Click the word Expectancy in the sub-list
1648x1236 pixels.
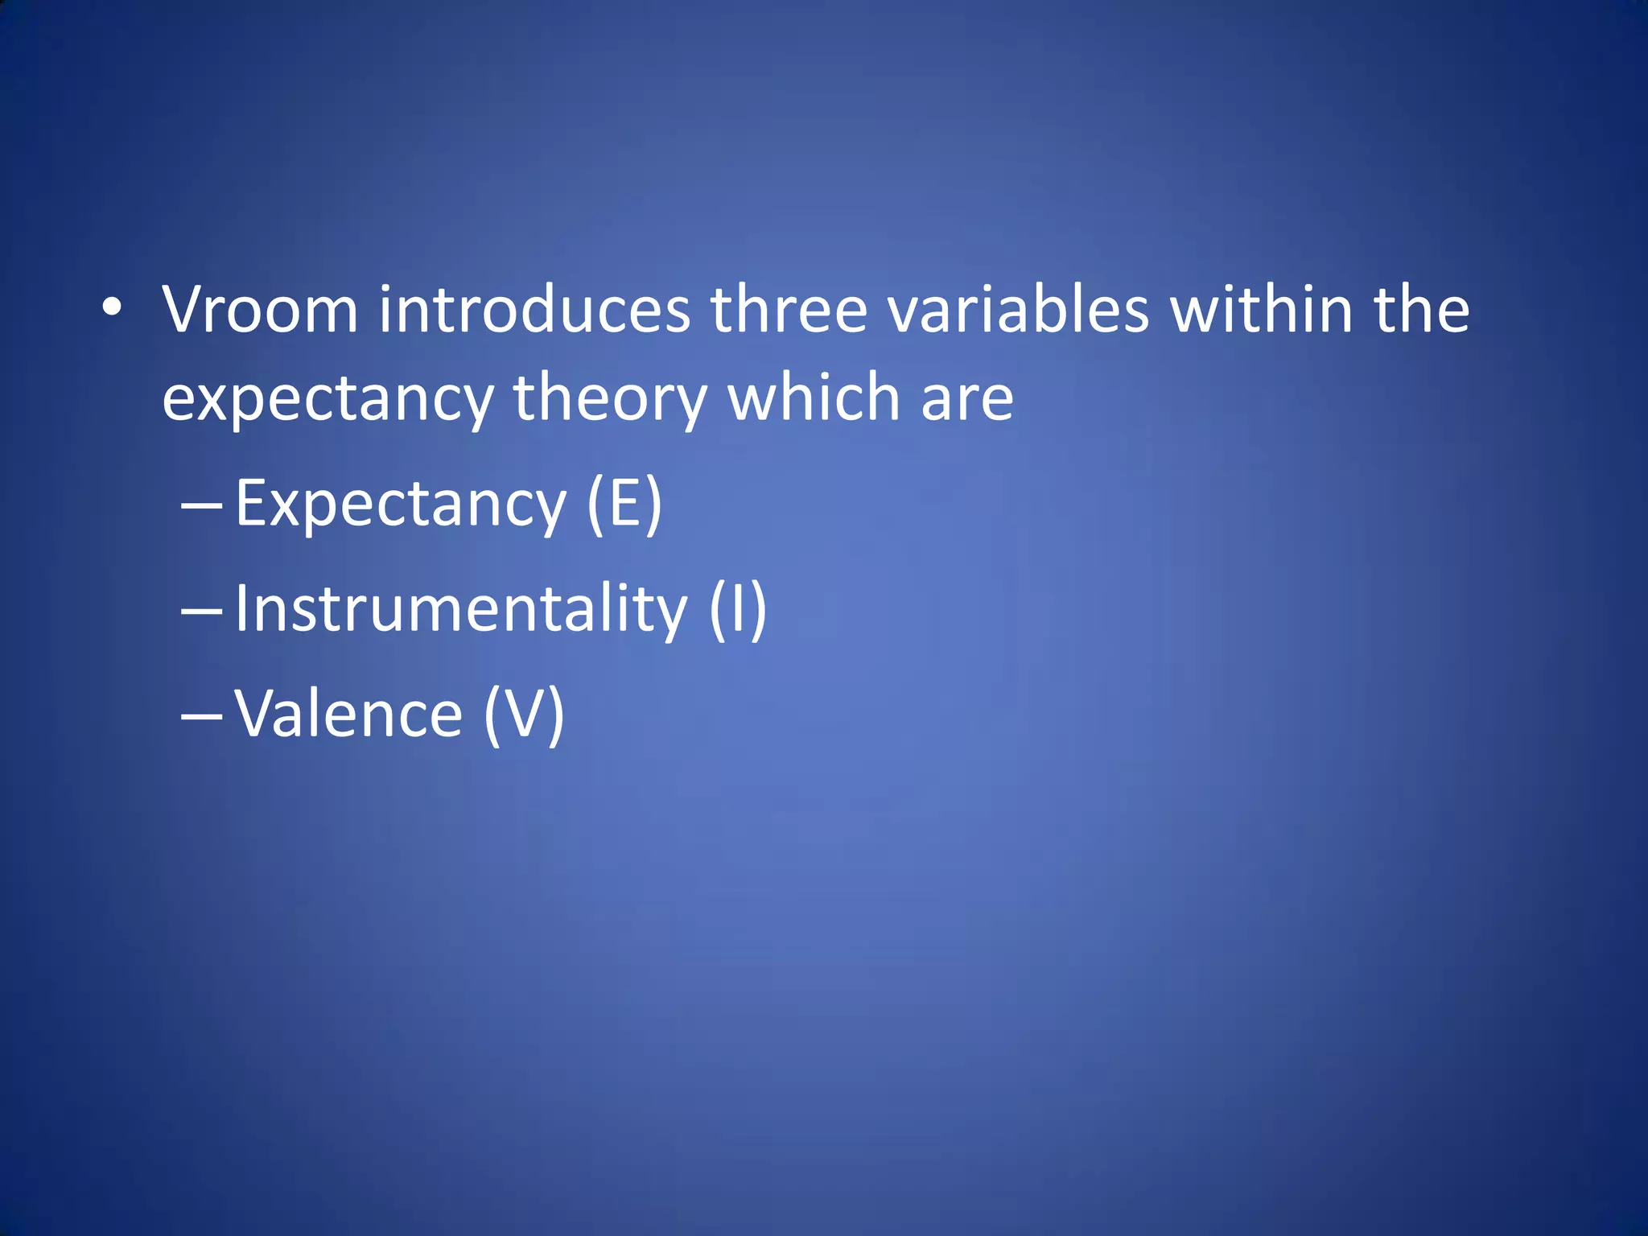point(401,505)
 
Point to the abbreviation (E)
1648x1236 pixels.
point(624,504)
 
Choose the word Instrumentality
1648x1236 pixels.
point(461,610)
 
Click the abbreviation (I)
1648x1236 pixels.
point(738,610)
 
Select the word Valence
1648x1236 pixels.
point(348,715)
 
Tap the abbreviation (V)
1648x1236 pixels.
point(524,715)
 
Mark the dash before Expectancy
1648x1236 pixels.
point(201,507)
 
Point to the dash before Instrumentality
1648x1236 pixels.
point(201,612)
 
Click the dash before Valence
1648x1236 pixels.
point(201,716)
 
